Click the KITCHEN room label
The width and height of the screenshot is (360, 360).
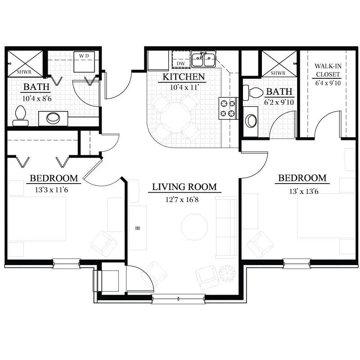184,77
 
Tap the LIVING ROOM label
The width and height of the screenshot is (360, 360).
184,187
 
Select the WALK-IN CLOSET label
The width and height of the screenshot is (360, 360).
328,70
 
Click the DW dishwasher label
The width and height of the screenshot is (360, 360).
181,63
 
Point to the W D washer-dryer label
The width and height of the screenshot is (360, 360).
84,56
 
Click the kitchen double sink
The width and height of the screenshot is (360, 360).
203,59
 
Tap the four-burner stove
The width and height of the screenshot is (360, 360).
228,108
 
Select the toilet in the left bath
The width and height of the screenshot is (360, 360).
20,116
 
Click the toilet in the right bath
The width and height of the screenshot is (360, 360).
253,93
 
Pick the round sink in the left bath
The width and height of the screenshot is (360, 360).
53,118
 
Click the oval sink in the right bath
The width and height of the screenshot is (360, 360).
251,121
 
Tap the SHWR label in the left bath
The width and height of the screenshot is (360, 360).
24,72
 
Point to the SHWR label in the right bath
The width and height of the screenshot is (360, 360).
278,73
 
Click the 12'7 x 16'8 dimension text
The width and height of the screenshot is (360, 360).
182,200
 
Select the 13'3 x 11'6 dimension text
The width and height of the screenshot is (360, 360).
52,190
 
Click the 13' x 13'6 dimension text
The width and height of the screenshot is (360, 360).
304,191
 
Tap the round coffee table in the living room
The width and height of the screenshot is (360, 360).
194,227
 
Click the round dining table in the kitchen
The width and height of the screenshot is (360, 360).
175,117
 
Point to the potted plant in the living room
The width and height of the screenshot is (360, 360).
227,274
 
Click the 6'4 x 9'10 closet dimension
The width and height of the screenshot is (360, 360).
328,83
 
